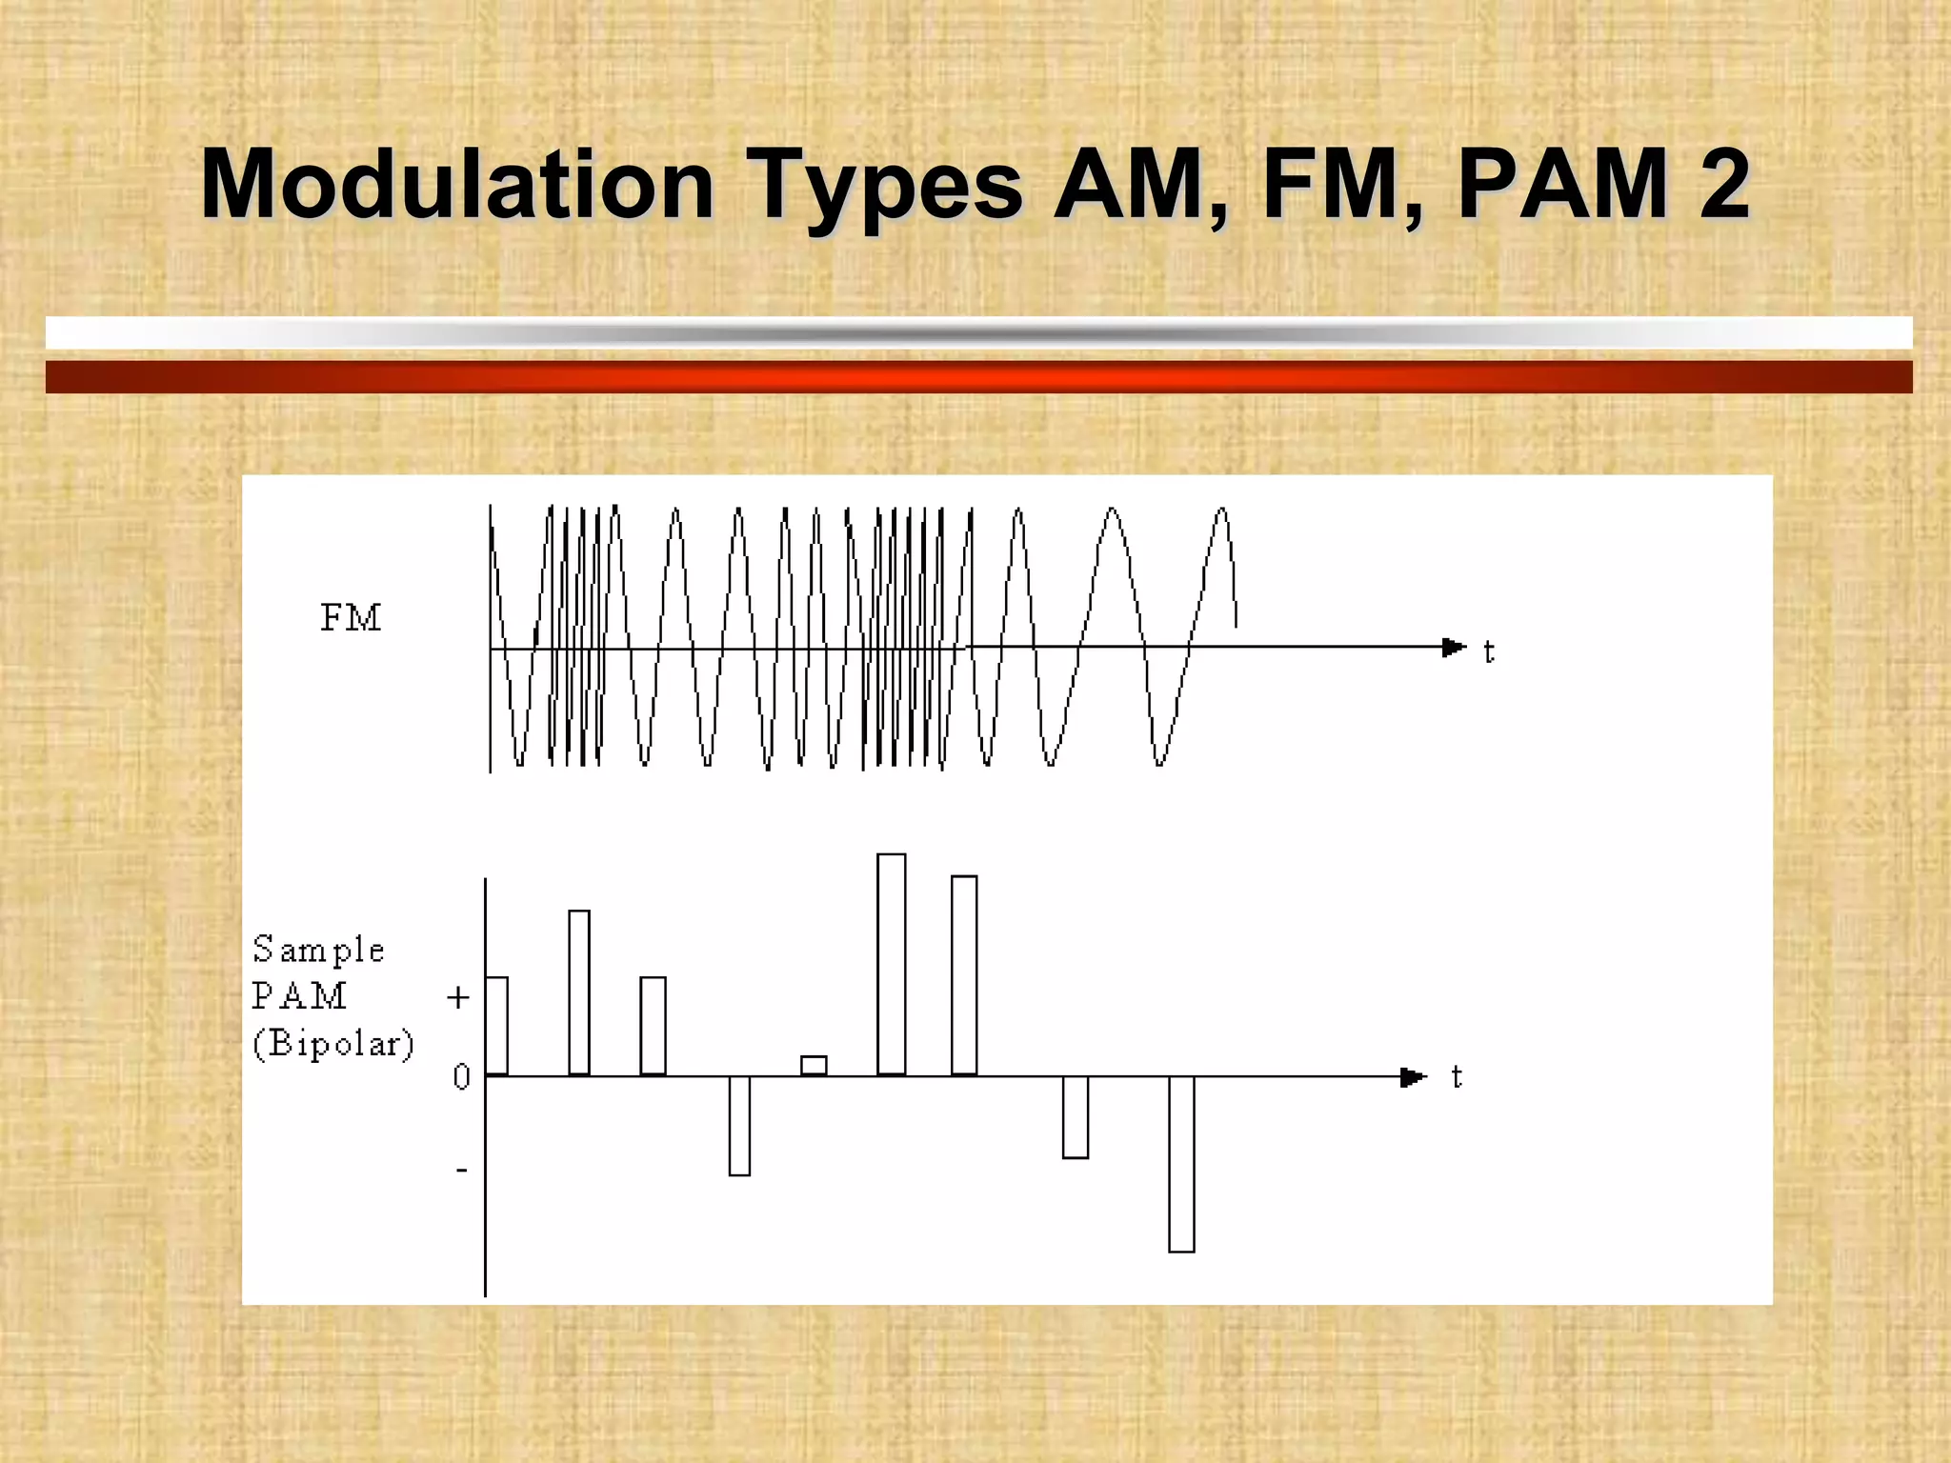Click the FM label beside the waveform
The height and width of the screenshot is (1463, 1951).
pyautogui.click(x=351, y=618)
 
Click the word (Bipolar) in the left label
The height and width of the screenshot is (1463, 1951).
pyautogui.click(x=333, y=1044)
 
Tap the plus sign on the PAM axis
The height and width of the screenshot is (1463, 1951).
pyautogui.click(x=458, y=997)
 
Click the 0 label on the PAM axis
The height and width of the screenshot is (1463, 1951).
pyautogui.click(x=461, y=1077)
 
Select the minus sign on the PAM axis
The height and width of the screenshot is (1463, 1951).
pyautogui.click(x=462, y=1170)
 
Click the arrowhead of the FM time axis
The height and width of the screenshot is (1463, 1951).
pyautogui.click(x=1454, y=648)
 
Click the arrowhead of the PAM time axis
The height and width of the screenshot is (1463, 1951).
pyautogui.click(x=1413, y=1077)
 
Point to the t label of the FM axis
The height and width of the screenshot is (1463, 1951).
pyautogui.click(x=1489, y=652)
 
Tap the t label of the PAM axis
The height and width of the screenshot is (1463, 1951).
pyautogui.click(x=1457, y=1077)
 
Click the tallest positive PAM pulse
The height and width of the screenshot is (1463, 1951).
pyautogui.click(x=892, y=964)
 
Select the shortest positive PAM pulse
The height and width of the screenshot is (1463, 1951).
pyautogui.click(x=814, y=1066)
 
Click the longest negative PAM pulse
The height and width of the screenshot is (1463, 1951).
pyautogui.click(x=1181, y=1164)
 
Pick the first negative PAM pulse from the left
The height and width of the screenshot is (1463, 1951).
pyautogui.click(x=739, y=1126)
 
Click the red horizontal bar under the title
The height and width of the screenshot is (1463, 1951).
pyautogui.click(x=978, y=376)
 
